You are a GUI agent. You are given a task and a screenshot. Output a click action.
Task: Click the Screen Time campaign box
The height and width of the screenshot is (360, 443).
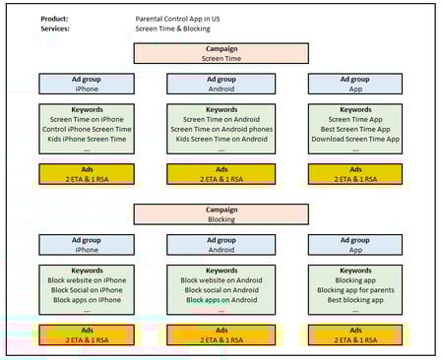click(x=221, y=54)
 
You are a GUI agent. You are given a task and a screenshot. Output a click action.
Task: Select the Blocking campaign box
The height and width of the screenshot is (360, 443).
click(x=221, y=214)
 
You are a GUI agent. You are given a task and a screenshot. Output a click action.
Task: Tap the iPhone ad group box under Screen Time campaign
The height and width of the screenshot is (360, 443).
click(x=87, y=84)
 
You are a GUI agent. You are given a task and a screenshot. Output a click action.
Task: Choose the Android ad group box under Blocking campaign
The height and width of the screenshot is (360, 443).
click(x=221, y=245)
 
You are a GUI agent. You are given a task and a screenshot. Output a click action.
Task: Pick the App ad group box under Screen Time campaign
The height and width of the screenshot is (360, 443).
click(x=355, y=84)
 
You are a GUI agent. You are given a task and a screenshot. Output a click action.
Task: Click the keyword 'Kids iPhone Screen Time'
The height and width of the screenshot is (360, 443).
click(x=87, y=139)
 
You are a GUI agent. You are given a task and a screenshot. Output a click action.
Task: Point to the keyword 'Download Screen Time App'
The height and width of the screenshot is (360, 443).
click(x=355, y=139)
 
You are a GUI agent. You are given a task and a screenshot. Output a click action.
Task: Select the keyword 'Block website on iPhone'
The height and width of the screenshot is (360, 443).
click(x=87, y=280)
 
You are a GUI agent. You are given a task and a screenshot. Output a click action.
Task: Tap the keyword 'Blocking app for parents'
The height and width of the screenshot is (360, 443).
click(x=355, y=290)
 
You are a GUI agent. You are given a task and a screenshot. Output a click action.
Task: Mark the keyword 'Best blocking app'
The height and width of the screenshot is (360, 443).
click(x=355, y=300)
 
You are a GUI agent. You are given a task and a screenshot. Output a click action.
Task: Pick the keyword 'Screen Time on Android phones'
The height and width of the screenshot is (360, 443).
click(x=221, y=129)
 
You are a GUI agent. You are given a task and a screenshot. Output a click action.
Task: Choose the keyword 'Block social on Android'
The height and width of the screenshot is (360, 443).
click(x=221, y=290)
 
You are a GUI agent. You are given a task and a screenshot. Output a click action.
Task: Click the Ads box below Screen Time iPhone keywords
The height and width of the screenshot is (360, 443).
click(x=87, y=174)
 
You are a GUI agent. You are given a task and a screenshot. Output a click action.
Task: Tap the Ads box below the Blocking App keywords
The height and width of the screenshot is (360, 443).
click(x=355, y=335)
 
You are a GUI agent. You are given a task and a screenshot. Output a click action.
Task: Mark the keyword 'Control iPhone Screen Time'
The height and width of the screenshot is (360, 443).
click(x=87, y=129)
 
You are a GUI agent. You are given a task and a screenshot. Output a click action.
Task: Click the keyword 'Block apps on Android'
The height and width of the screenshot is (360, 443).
click(x=221, y=300)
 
